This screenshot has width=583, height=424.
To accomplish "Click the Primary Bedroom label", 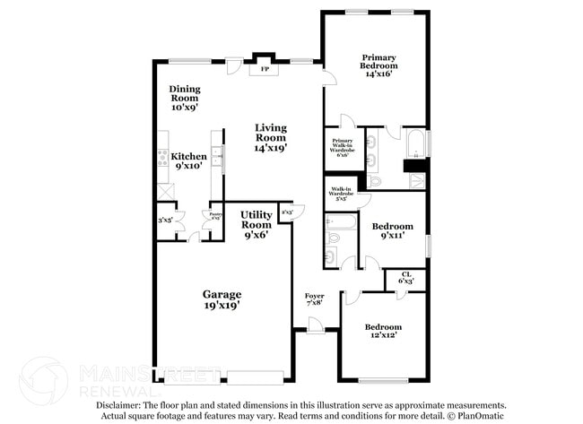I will [x=380, y=65].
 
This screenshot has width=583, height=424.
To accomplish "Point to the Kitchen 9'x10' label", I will [x=188, y=161].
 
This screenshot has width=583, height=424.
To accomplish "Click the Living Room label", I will [x=270, y=138].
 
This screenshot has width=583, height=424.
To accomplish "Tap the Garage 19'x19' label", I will [x=221, y=299].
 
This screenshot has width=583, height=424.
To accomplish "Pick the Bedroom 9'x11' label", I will [x=393, y=231].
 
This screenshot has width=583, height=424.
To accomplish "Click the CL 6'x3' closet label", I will [x=406, y=278].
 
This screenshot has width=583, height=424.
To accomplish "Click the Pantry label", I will [x=215, y=216].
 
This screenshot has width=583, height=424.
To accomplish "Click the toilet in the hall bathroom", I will [x=330, y=258].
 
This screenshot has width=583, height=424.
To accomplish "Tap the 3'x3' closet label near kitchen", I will [x=165, y=220].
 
